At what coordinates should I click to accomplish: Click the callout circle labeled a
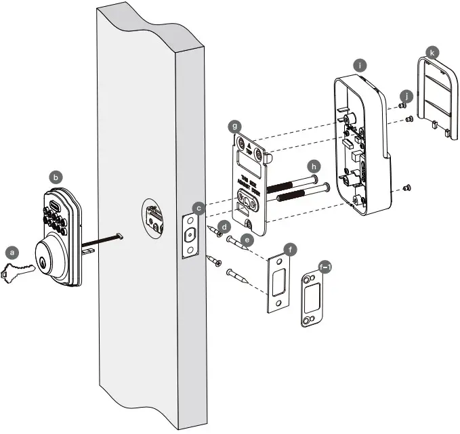(11, 251)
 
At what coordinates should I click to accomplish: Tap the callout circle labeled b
(57, 176)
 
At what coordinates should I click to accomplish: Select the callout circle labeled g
(234, 126)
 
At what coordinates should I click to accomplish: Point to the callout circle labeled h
(313, 166)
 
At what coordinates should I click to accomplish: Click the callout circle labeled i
(360, 65)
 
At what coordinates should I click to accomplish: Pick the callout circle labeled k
(430, 51)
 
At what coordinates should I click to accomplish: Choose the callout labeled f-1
(325, 267)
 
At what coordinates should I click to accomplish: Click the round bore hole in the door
(154, 219)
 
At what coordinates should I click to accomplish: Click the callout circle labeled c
(198, 207)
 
